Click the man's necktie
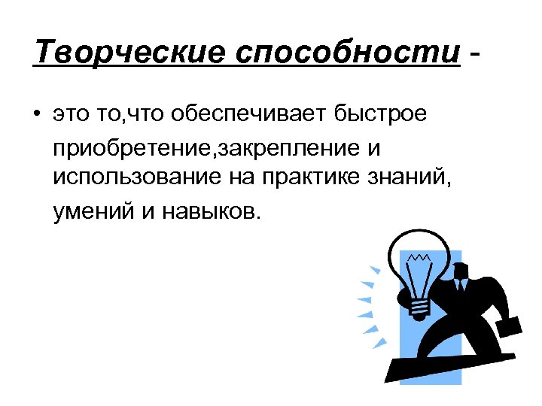(461, 284)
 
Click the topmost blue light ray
(374, 269)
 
